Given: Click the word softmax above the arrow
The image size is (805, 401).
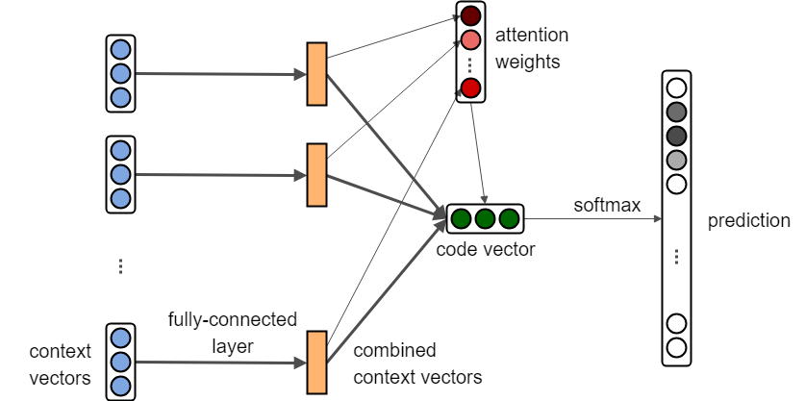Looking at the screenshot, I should tap(606, 205).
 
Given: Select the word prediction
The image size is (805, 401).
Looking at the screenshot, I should tap(748, 221).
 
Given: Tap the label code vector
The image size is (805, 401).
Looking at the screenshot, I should tap(484, 249).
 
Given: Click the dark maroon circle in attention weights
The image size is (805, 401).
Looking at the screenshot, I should tap(470, 16).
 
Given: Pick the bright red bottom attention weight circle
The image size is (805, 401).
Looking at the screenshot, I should tap(470, 89).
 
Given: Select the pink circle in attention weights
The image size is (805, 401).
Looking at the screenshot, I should tap(470, 40).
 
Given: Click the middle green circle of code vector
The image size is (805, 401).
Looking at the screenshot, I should tap(485, 218).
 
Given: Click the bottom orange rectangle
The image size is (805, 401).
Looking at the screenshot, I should tap(316, 362).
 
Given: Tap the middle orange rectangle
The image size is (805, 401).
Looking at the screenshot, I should tap(316, 174).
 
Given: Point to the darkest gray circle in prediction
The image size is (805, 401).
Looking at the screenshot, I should tap(676, 135).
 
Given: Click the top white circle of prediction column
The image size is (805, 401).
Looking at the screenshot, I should tap(676, 86).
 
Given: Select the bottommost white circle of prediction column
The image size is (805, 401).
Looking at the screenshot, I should tap(676, 347).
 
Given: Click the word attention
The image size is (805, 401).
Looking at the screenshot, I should tap(532, 36).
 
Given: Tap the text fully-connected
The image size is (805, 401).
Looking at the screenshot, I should tap(232, 318).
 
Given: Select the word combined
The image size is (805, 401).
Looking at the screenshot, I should tap(394, 349).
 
